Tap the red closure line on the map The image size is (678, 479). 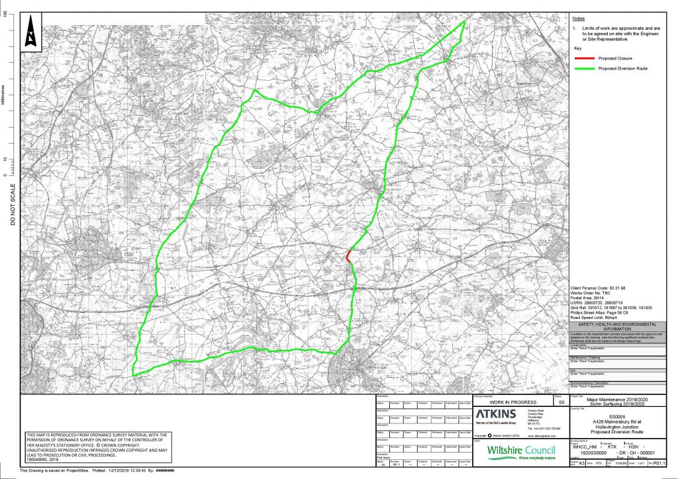pos(348,255)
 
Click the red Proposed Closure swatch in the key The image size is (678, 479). pos(585,58)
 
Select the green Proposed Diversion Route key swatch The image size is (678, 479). pos(585,68)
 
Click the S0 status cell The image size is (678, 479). pos(560,401)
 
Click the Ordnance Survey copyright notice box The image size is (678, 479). pos(97,448)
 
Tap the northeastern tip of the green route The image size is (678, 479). pos(463,22)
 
